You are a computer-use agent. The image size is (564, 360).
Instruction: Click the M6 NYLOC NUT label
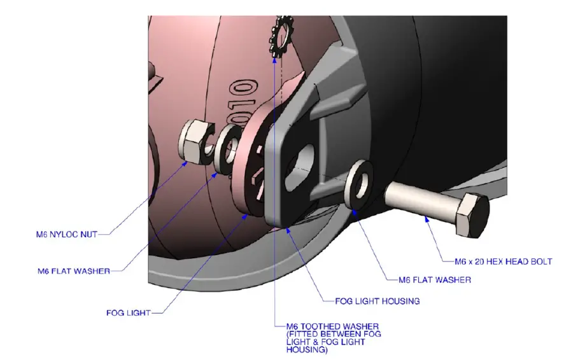coord(66,234)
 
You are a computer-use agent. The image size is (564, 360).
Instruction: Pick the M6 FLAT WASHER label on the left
coord(74,271)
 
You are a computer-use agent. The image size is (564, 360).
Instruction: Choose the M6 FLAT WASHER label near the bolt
coord(434,280)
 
